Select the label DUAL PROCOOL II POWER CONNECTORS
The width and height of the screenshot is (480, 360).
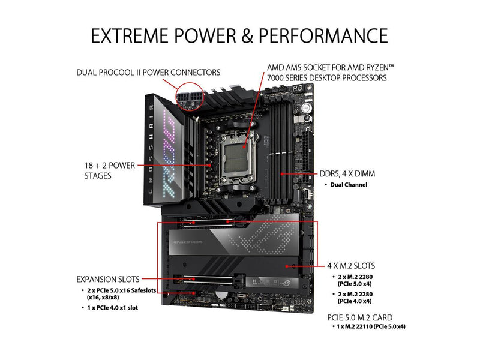(x=148, y=73)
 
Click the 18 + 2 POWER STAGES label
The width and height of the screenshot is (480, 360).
(x=110, y=170)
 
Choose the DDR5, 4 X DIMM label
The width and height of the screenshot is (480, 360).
(x=347, y=174)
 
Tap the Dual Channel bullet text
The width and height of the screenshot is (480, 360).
(x=349, y=185)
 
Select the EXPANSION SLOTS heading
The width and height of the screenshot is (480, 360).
(x=108, y=279)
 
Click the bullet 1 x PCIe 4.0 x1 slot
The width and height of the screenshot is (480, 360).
(x=112, y=308)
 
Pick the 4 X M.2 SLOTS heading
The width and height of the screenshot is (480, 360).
(x=351, y=266)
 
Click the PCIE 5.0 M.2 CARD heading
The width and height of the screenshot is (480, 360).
(x=359, y=317)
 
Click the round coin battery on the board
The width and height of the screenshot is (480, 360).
(x=221, y=295)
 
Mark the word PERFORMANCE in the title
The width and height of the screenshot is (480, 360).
(x=323, y=35)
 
